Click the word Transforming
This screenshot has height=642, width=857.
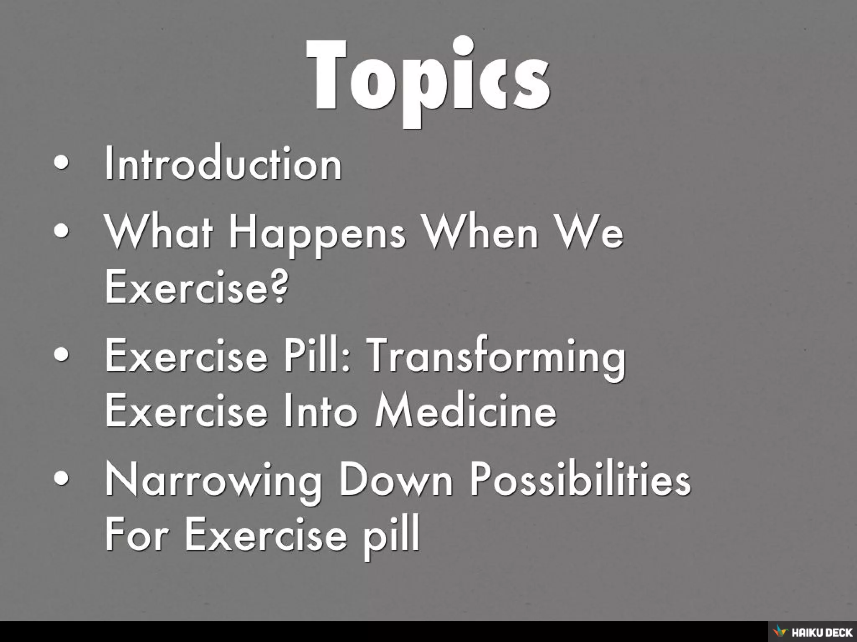(x=496, y=358)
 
